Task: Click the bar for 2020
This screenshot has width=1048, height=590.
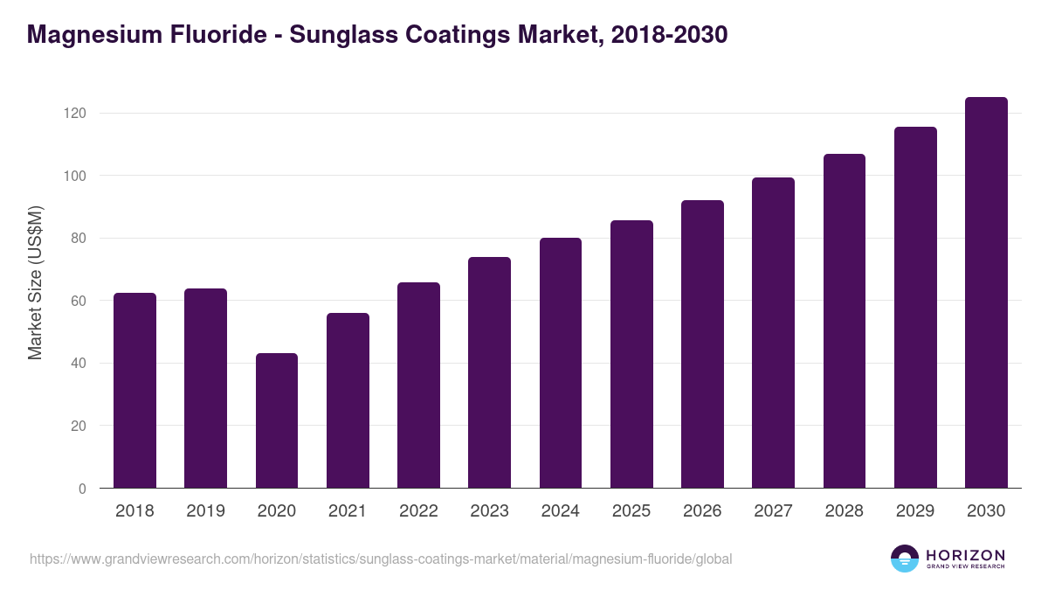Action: click(x=277, y=420)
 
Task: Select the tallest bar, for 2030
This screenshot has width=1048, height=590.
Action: click(x=986, y=293)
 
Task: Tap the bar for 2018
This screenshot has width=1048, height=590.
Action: click(x=134, y=391)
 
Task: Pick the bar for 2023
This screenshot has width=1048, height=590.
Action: click(x=489, y=372)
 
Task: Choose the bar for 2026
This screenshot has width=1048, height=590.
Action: click(x=702, y=344)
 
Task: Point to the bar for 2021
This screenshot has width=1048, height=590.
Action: click(x=348, y=400)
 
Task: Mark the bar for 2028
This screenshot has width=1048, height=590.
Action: click(x=845, y=321)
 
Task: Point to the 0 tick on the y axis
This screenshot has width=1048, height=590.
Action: click(x=82, y=489)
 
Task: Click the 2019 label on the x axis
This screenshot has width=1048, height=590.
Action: click(x=205, y=511)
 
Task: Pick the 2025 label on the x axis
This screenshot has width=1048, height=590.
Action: click(x=631, y=511)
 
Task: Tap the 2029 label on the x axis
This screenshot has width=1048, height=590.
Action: click(x=915, y=511)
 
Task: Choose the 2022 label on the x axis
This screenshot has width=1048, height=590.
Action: click(x=418, y=511)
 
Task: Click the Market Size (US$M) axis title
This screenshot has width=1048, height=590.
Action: click(x=35, y=282)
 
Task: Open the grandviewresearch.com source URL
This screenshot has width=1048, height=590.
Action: click(x=381, y=559)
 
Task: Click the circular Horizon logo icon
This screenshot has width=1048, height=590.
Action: click(x=905, y=559)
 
